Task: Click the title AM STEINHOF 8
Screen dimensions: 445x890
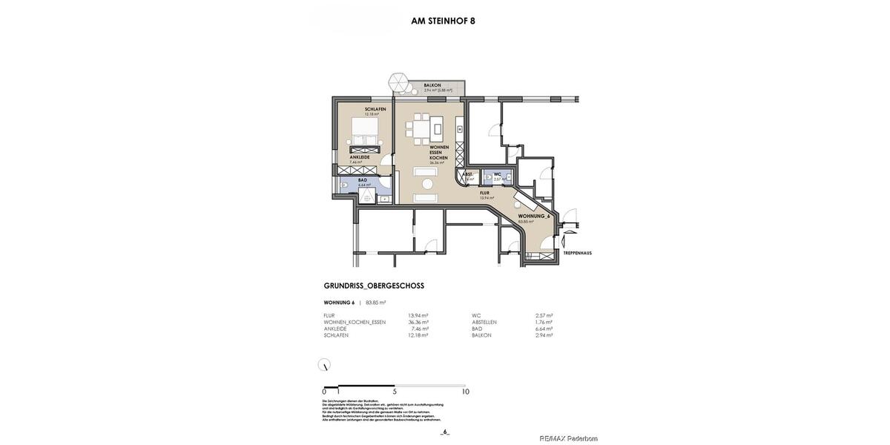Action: pyautogui.click(x=443, y=21)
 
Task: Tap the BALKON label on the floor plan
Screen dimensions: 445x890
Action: pyautogui.click(x=432, y=85)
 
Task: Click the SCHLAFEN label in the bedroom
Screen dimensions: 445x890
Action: pyautogui.click(x=375, y=109)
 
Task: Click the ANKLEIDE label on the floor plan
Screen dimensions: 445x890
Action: pyautogui.click(x=360, y=157)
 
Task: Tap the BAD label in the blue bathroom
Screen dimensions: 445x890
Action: pyautogui.click(x=363, y=180)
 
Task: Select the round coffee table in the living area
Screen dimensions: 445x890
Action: pyautogui.click(x=428, y=184)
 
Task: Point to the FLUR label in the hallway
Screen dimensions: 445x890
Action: pyautogui.click(x=484, y=193)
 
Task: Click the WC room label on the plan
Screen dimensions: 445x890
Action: pyautogui.click(x=497, y=174)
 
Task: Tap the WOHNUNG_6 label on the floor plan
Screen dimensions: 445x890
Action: pyautogui.click(x=533, y=216)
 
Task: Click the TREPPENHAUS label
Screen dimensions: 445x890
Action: pyautogui.click(x=577, y=253)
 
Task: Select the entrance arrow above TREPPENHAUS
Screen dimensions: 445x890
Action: pyautogui.click(x=569, y=239)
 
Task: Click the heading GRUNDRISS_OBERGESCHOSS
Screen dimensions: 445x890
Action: pyautogui.click(x=374, y=286)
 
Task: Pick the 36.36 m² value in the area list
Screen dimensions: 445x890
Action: pyautogui.click(x=418, y=322)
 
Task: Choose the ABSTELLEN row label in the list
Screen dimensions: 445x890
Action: pyautogui.click(x=484, y=322)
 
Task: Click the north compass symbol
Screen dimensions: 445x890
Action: pyautogui.click(x=324, y=364)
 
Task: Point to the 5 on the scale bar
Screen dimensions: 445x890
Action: pyautogui.click(x=395, y=392)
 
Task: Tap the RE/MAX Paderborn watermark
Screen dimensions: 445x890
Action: pyautogui.click(x=568, y=438)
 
